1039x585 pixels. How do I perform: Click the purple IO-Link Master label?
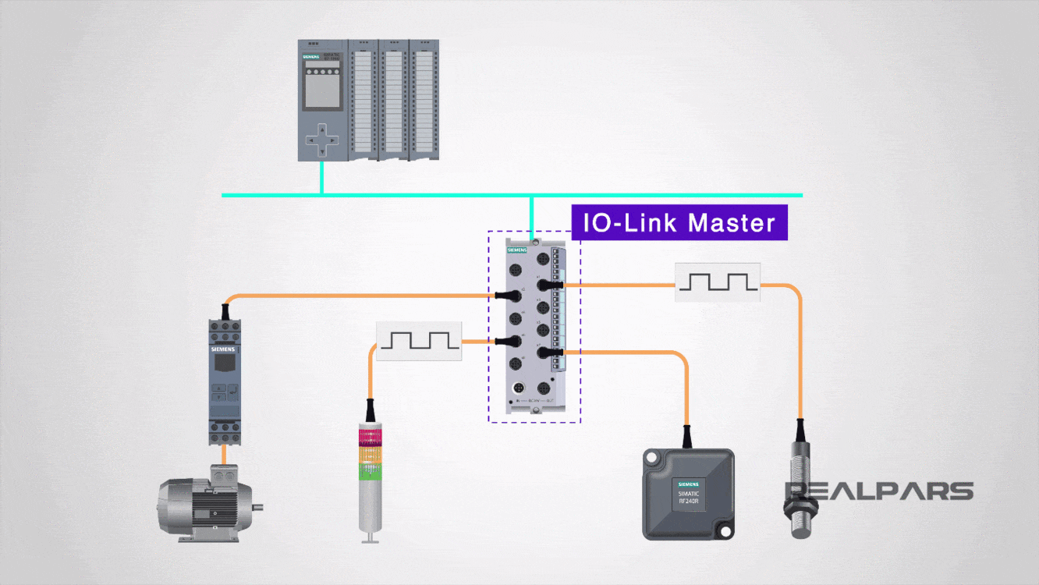tap(679, 223)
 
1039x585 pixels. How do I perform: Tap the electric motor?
tap(207, 504)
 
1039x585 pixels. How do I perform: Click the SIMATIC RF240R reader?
tap(688, 493)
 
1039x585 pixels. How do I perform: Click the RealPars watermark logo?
tap(879, 491)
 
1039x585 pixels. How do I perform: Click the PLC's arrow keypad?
tap(321, 140)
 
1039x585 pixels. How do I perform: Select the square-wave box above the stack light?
tap(419, 341)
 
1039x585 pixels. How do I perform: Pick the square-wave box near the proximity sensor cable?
tap(717, 282)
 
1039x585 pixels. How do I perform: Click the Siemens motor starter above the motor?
tap(225, 382)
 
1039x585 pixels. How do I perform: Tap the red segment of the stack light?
tap(368, 434)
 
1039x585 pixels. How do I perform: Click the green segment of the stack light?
tap(368, 470)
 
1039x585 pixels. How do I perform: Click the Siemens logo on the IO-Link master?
tap(517, 250)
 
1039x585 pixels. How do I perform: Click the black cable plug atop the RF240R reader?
tap(687, 437)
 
